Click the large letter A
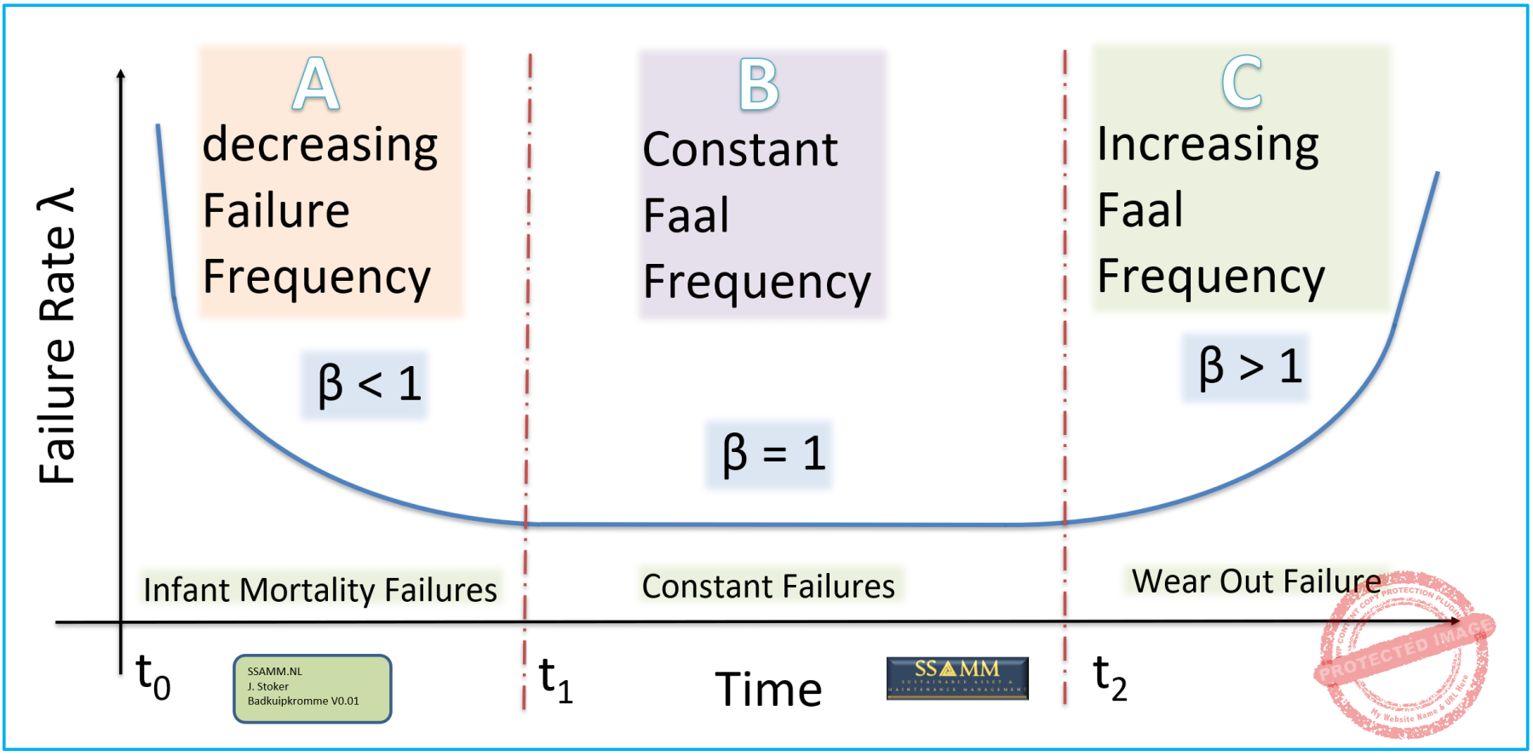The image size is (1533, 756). (316, 84)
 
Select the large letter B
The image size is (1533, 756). (759, 85)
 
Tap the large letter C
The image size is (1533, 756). (1242, 83)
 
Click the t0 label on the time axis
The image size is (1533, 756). (153, 678)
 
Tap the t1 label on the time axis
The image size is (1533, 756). (556, 680)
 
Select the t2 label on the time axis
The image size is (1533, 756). (1110, 678)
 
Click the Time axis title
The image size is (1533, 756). (768, 689)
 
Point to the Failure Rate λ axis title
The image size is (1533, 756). (59, 336)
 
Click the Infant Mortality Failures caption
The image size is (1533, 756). (320, 589)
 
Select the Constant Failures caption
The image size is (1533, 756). (768, 586)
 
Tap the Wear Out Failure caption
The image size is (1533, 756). (1256, 581)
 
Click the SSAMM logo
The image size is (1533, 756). (957, 678)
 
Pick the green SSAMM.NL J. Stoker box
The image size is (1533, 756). (313, 688)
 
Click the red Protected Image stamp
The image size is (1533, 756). (1405, 654)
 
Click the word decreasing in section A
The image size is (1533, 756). (320, 146)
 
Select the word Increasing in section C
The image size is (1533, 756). (1208, 144)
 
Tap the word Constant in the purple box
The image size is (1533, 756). (740, 150)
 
